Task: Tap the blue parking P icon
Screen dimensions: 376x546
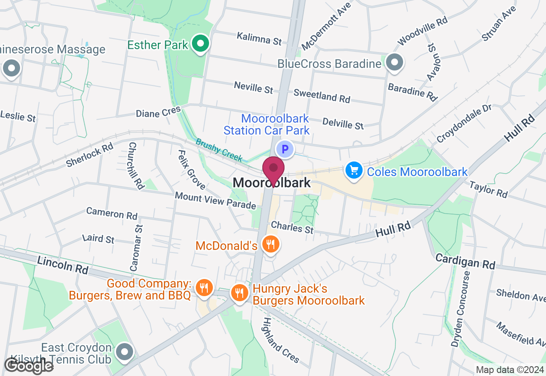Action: coord(285,150)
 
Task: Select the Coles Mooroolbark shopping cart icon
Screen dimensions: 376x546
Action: coord(354,171)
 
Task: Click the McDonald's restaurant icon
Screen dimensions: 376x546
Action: coord(270,245)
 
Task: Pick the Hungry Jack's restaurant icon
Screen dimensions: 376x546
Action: coord(240,293)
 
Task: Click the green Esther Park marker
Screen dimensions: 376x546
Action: coord(200,43)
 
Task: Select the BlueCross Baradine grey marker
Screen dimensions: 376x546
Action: coord(395,62)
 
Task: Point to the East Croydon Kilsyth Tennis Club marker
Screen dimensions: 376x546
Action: coord(125,353)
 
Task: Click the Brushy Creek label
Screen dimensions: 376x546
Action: coord(219,150)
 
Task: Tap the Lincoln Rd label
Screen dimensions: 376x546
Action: coord(62,265)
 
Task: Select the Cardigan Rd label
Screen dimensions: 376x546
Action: coord(465,261)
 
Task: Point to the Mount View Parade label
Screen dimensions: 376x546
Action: coord(215,200)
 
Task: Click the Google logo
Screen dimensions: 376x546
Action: coord(29,366)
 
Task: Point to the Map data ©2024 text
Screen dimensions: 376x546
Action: coord(510,370)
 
